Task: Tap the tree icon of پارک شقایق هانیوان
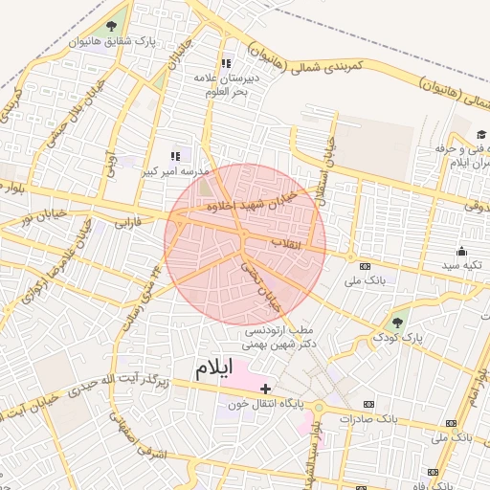[113, 27]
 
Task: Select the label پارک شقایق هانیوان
[113, 43]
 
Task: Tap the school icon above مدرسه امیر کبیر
[175, 156]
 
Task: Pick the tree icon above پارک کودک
[398, 322]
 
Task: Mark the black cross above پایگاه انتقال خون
[266, 389]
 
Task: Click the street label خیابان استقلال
[326, 164]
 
